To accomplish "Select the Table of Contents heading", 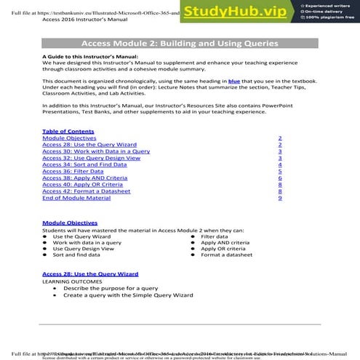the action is click(68, 131).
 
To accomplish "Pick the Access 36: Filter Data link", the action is click(73, 171).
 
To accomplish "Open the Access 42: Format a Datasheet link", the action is click(87, 191).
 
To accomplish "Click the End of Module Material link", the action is click(76, 198).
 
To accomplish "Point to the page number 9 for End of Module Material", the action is click(279, 198).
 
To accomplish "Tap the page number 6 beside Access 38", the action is click(279, 177).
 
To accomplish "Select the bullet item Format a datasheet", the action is click(226, 255).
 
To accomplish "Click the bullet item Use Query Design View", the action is click(83, 248).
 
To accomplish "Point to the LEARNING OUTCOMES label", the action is click(73, 281).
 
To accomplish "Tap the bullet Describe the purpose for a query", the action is click(111, 288).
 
